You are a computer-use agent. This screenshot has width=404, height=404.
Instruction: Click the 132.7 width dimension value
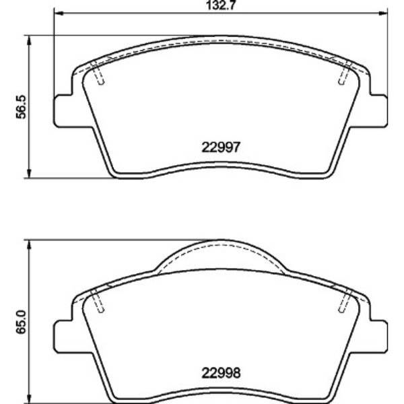pyautogui.click(x=221, y=5)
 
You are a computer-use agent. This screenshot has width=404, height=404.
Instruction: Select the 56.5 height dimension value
pyautogui.click(x=21, y=106)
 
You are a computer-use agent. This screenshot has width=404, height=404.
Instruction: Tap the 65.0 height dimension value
pyautogui.click(x=21, y=322)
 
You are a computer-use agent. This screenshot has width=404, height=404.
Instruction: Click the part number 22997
pyautogui.click(x=221, y=147)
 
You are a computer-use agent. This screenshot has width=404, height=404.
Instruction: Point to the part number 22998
pyautogui.click(x=221, y=372)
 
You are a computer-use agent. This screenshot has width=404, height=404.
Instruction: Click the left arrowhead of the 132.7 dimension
pyautogui.click(x=59, y=13)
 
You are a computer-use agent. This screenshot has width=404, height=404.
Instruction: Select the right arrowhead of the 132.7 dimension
pyautogui.click(x=383, y=13)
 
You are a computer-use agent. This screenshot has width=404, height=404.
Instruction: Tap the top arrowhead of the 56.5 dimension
pyautogui.click(x=29, y=40)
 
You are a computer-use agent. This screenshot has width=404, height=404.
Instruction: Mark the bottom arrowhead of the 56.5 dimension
pyautogui.click(x=29, y=173)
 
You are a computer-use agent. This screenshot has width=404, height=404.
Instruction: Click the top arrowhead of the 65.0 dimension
pyautogui.click(x=29, y=244)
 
